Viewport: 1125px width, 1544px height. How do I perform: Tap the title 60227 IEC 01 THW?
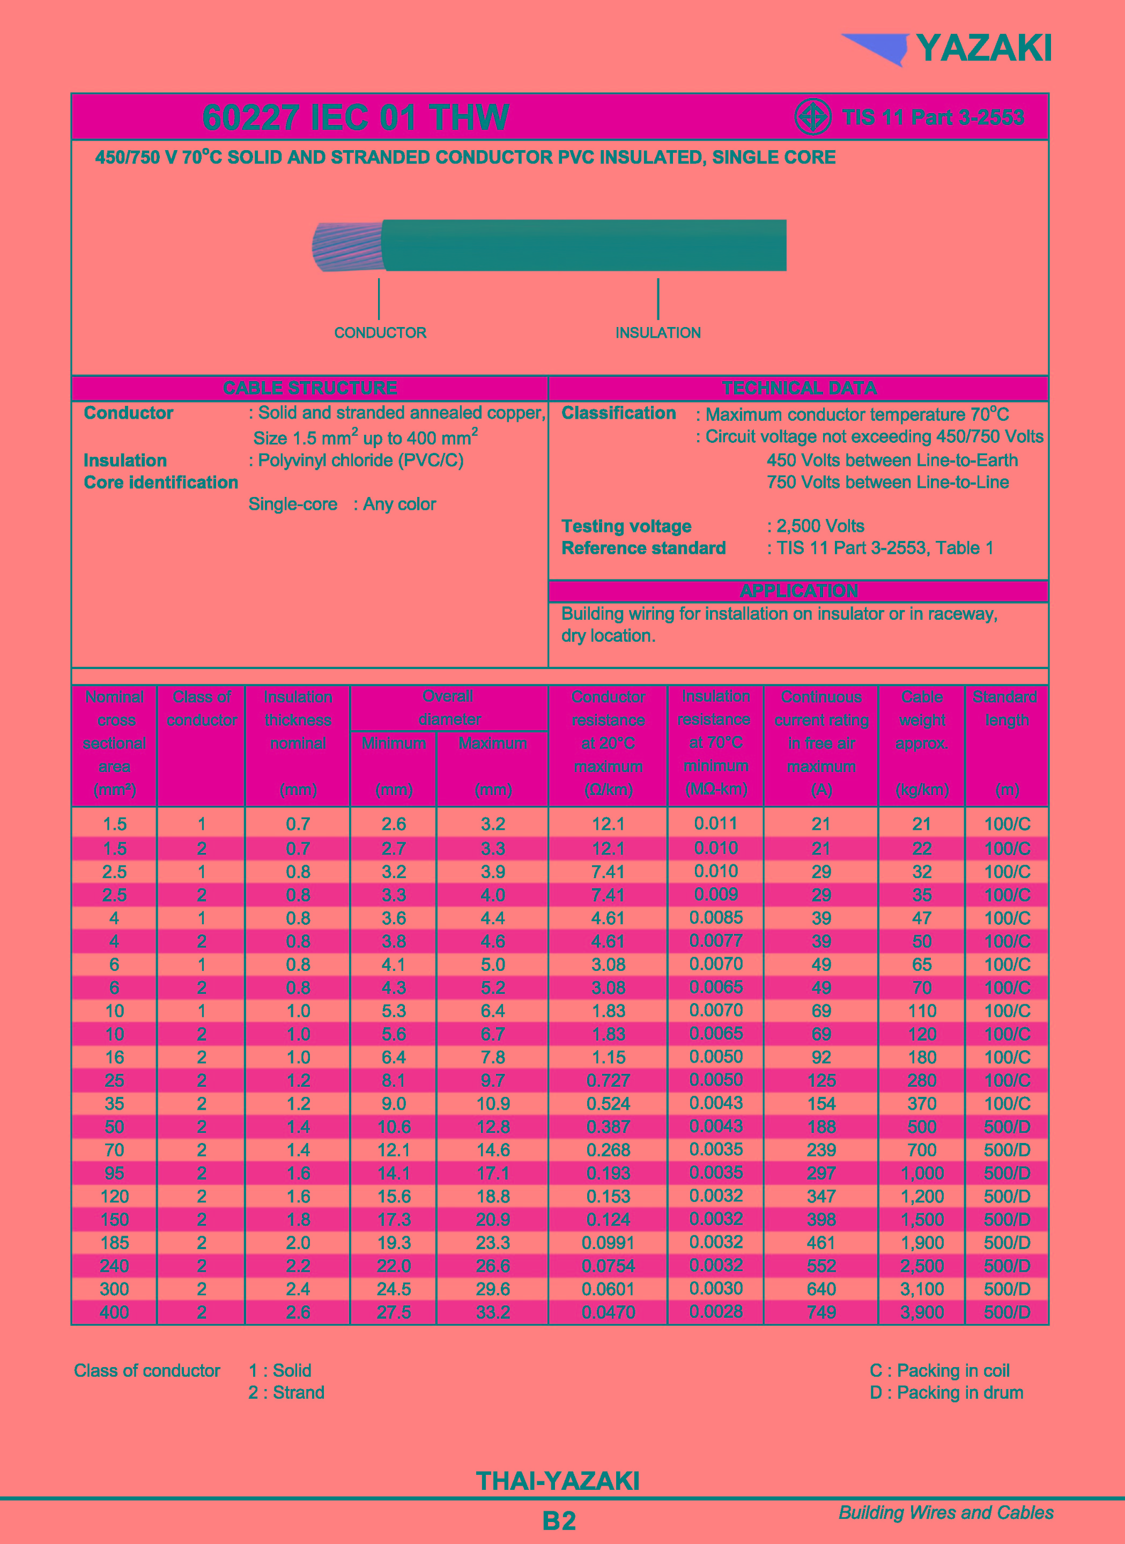(355, 117)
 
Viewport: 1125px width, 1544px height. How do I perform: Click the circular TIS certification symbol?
(812, 117)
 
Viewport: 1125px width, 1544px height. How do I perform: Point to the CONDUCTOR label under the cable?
(380, 333)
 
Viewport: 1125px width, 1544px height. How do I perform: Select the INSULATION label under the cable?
(658, 333)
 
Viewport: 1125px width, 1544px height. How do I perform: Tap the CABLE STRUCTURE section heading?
(310, 388)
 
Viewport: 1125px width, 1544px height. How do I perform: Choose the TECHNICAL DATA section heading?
(799, 388)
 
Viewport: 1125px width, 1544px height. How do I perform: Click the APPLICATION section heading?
(799, 590)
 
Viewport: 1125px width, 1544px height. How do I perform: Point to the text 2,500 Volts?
(820, 526)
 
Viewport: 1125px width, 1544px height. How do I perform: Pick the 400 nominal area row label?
(114, 1312)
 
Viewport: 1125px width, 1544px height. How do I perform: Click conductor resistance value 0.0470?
(608, 1312)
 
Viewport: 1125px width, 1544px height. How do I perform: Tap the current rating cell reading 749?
(821, 1312)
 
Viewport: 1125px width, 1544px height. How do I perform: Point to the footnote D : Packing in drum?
(946, 1393)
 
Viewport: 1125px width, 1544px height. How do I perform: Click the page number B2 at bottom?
(559, 1521)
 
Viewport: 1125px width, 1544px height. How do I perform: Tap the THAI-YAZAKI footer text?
(558, 1481)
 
